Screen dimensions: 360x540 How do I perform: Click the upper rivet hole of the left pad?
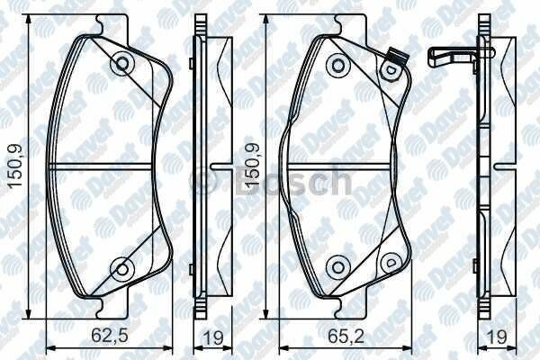[121, 64]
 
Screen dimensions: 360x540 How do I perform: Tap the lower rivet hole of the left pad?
[121, 267]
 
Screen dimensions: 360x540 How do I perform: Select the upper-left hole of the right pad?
[338, 64]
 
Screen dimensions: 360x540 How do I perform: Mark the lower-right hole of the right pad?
[391, 260]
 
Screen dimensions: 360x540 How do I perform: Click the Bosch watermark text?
[270, 184]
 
